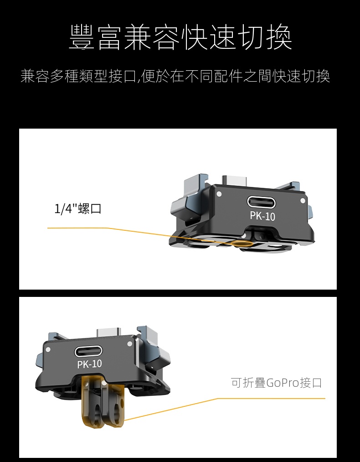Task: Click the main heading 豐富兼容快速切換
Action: coord(180,37)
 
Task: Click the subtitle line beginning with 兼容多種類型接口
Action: coord(175,76)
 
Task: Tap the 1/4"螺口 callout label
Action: coord(78,209)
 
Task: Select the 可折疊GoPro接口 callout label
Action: coord(276,383)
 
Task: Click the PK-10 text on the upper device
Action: coord(262,216)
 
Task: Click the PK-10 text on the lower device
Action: coord(89,364)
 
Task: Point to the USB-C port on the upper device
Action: coord(262,202)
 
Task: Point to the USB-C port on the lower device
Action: coord(88,352)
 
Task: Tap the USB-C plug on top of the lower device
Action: coord(108,332)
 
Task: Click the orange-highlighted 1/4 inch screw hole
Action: coord(242,243)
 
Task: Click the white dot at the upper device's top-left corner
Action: coord(219,194)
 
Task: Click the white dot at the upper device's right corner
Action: coord(303,201)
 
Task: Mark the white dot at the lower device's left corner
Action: coord(48,349)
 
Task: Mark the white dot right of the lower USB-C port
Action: coord(129,344)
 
